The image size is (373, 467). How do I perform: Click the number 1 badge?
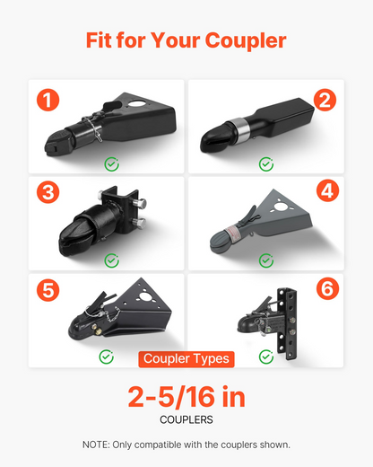point(48,100)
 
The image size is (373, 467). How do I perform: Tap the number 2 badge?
point(325,100)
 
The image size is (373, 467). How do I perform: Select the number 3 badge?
point(48,192)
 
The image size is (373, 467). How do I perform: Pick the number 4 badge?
point(327,190)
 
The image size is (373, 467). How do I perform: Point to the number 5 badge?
point(48,290)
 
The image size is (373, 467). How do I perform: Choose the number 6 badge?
point(327,288)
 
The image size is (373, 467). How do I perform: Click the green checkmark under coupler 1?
point(111,164)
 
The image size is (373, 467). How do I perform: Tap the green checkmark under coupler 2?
point(266,164)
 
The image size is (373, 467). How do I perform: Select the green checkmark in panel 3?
point(111,260)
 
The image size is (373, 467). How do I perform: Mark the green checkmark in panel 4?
point(266,260)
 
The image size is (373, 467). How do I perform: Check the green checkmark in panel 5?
point(107,357)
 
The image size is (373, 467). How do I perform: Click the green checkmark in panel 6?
point(266,357)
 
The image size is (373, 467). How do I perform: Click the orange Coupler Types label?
point(186,359)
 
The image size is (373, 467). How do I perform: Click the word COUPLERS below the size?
point(186,419)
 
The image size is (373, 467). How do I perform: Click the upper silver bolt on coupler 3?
point(140,203)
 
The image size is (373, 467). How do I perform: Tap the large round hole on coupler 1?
point(137,104)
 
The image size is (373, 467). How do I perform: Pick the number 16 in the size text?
point(199,398)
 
